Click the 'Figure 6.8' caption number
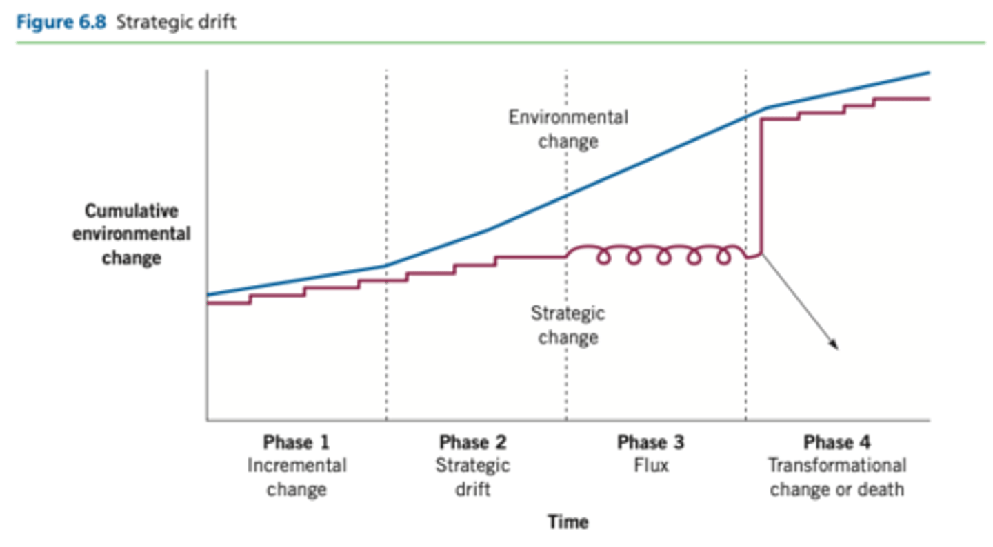(61, 22)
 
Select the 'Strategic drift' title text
(176, 22)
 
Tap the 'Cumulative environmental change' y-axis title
(131, 234)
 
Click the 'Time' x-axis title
(568, 522)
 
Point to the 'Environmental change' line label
(568, 130)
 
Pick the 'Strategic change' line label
(568, 326)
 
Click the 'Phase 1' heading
(297, 442)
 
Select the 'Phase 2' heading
(473, 442)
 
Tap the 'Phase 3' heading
(650, 442)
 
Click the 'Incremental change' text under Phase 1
(297, 477)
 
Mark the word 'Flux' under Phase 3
(651, 466)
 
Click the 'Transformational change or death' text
(837, 477)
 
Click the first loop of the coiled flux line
(604, 257)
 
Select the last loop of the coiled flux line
(723, 257)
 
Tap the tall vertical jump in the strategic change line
(761, 186)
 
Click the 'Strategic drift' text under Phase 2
(473, 477)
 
